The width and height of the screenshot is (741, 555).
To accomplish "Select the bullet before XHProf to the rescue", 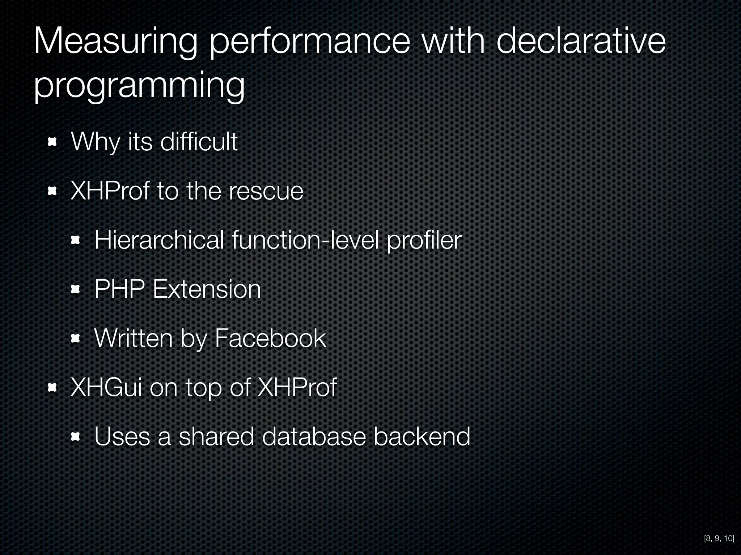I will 52,191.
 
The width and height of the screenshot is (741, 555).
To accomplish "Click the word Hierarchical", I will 159,240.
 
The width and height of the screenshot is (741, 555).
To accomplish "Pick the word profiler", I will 424,241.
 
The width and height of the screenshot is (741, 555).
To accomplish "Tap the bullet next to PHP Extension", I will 75,289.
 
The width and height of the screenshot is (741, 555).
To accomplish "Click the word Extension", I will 207,289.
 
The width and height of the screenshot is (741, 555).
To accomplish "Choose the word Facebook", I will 270,339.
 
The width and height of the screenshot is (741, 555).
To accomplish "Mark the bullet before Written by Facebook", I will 75,339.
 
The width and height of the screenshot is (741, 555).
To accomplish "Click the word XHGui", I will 106,388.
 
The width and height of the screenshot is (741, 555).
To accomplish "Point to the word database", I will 314,436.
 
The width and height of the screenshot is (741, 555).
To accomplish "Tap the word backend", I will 422,436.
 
